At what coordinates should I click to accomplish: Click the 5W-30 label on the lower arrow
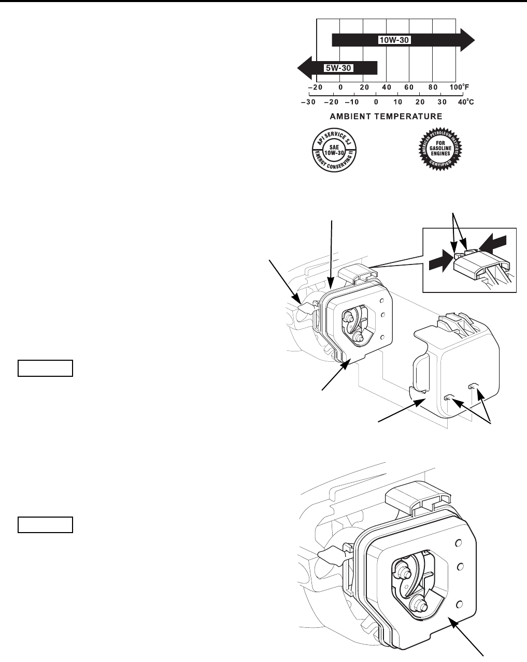(x=338, y=68)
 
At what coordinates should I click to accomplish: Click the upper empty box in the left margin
(x=45, y=367)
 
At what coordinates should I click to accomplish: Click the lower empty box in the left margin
(x=45, y=525)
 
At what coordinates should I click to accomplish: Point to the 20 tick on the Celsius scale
(x=420, y=102)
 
